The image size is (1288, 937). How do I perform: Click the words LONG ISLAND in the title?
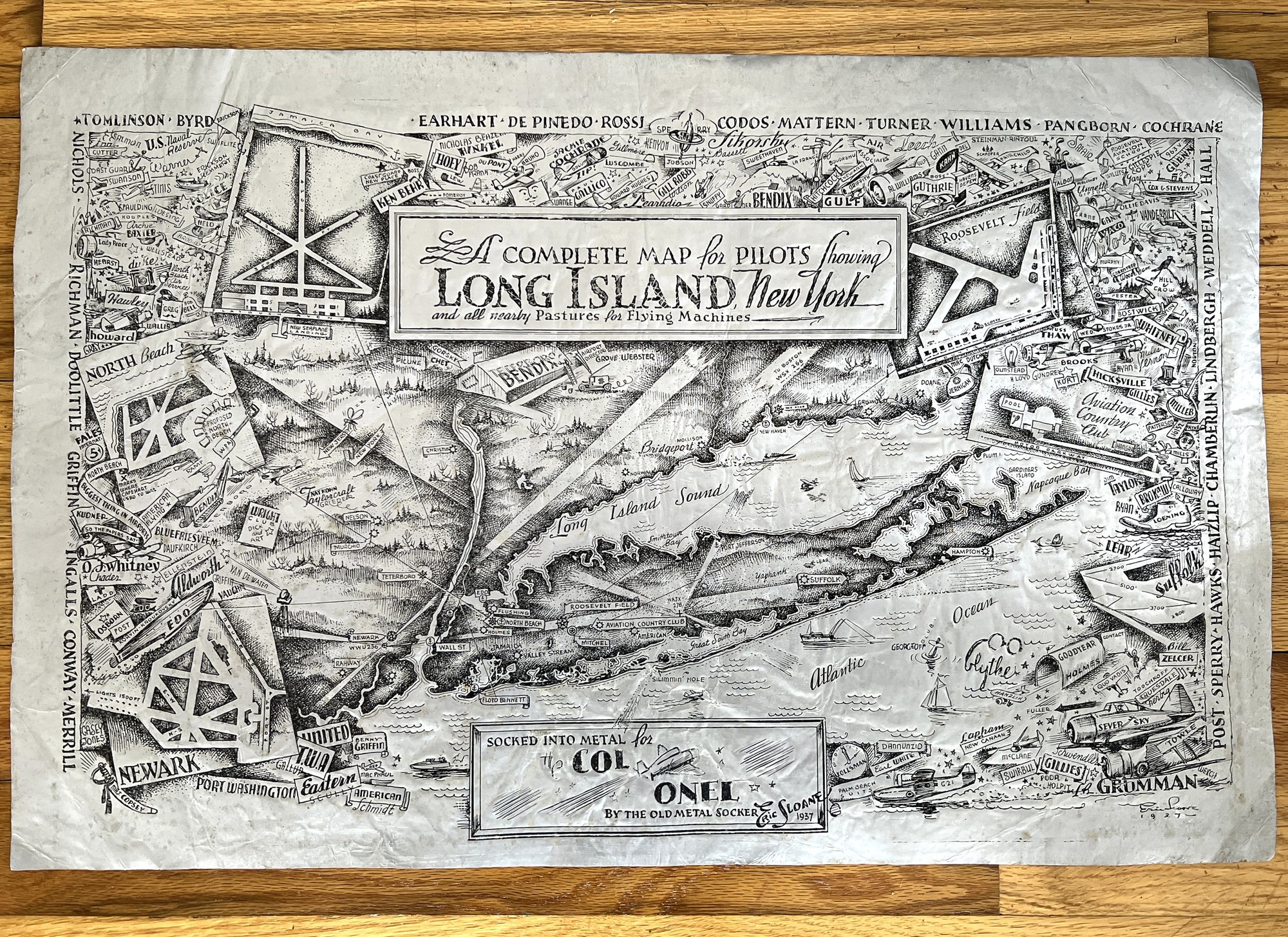[585, 291]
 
